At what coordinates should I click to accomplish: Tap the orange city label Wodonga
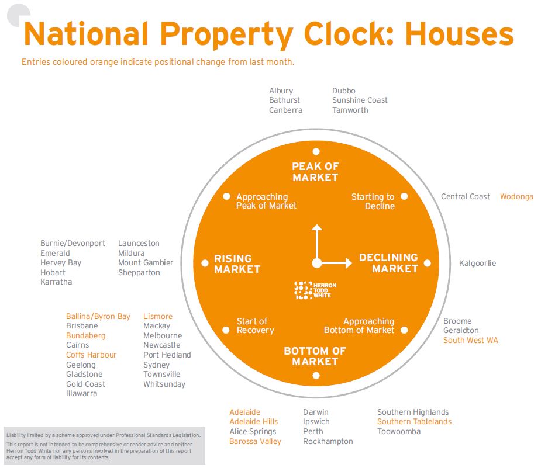click(x=516, y=197)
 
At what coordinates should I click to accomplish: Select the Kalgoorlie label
click(x=477, y=263)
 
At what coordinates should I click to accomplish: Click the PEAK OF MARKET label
click(x=315, y=172)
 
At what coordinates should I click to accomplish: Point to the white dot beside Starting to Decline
click(x=404, y=196)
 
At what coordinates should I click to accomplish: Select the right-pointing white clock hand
click(x=336, y=264)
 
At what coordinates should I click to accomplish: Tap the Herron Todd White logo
click(x=315, y=290)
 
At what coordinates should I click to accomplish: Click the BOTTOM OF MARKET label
click(x=315, y=356)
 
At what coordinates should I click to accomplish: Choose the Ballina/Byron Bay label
click(x=98, y=316)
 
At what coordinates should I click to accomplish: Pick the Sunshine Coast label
click(x=360, y=100)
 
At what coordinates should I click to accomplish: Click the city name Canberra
click(x=285, y=110)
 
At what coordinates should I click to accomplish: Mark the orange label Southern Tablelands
click(x=414, y=422)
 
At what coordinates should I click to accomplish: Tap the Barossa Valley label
click(x=255, y=441)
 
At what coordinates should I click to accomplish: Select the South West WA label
click(x=470, y=340)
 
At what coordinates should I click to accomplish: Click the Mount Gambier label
click(x=146, y=263)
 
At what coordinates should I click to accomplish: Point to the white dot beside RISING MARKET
click(x=205, y=263)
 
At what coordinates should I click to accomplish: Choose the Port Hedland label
click(x=167, y=355)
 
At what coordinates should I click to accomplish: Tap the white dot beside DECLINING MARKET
click(x=427, y=263)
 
